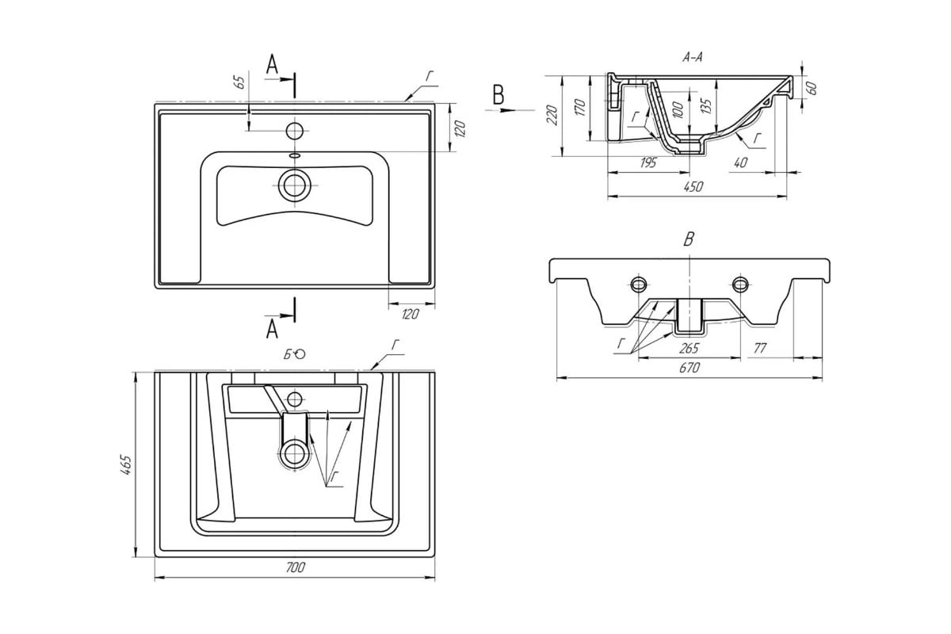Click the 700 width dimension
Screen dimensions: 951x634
(x=295, y=567)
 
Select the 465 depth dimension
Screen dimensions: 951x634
(x=126, y=465)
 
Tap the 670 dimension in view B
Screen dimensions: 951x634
(x=689, y=367)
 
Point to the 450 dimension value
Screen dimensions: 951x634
(x=693, y=186)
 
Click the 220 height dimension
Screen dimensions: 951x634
(x=552, y=115)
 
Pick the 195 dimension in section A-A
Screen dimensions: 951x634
(x=648, y=162)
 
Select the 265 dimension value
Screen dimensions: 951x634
(x=688, y=348)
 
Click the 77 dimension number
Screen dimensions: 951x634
(x=760, y=348)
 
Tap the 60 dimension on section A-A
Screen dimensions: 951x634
(x=812, y=88)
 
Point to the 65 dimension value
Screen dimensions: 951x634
(x=240, y=82)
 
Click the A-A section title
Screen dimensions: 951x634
(x=693, y=57)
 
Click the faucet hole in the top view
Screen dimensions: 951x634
(x=294, y=131)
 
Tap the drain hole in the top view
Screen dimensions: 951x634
(x=294, y=185)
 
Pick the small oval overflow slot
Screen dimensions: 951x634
(x=294, y=155)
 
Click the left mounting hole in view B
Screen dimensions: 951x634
(x=639, y=284)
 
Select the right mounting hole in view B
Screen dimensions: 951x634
(x=740, y=284)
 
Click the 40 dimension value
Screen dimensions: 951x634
(x=740, y=162)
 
